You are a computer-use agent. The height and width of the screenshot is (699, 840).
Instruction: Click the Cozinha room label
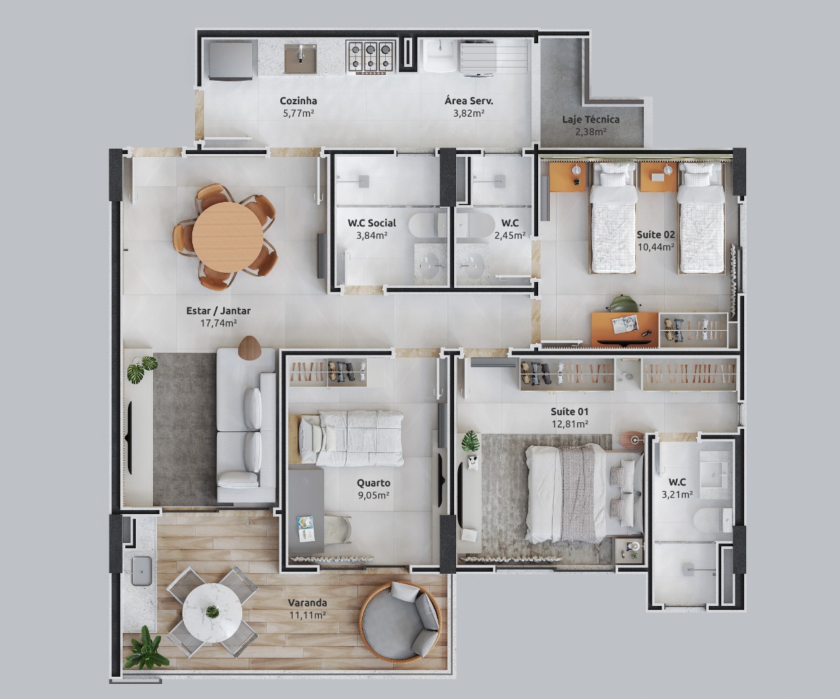tap(299, 101)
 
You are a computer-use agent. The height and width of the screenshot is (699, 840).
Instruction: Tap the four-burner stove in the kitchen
tap(371, 56)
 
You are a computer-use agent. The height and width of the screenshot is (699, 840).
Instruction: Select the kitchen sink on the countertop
tap(301, 58)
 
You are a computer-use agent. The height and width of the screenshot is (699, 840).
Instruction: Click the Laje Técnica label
tap(591, 119)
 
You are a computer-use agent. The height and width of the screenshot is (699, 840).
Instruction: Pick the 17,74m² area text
tap(219, 323)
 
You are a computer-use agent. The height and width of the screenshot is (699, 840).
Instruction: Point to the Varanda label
tap(307, 603)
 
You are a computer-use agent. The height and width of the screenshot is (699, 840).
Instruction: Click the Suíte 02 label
tap(656, 234)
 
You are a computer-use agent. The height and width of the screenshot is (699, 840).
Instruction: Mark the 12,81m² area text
tap(569, 424)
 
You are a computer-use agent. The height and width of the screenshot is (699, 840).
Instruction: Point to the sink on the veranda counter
tap(142, 570)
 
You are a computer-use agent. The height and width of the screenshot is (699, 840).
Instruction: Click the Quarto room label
tap(374, 483)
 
